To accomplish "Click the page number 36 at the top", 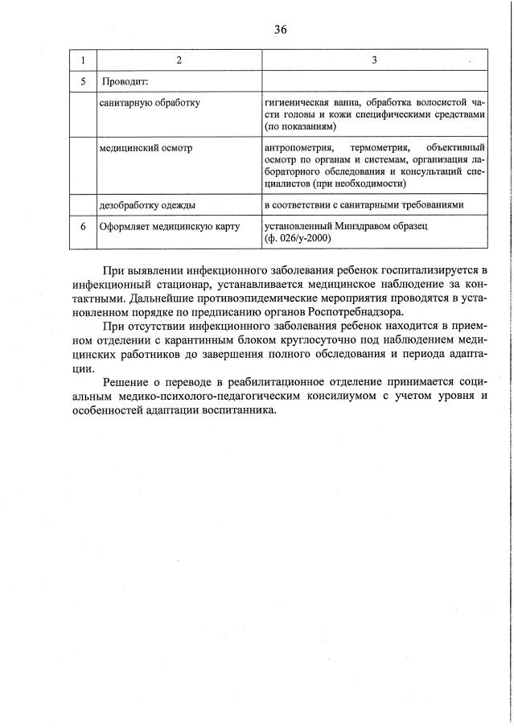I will pos(280,30).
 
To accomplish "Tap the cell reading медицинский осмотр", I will pos(146,149).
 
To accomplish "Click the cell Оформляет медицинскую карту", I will pos(170,227).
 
